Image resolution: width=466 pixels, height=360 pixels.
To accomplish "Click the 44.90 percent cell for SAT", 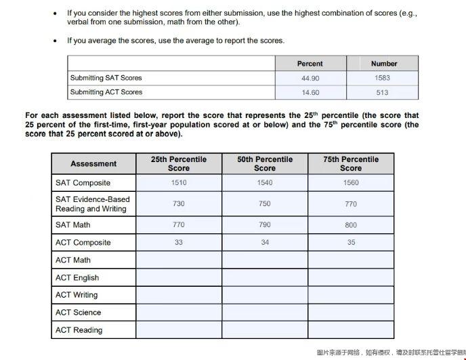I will click(x=310, y=78).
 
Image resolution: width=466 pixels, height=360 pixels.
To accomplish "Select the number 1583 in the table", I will click(x=382, y=78).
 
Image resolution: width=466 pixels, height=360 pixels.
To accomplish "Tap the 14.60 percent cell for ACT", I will click(x=310, y=92).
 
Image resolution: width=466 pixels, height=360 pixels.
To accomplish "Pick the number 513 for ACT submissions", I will click(x=382, y=92).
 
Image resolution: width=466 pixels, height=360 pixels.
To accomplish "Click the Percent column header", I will click(x=310, y=64).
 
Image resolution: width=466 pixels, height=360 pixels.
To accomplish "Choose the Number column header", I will click(x=384, y=64).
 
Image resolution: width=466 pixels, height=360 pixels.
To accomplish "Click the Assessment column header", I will click(x=93, y=163).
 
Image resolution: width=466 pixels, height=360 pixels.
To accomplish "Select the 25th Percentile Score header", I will click(x=179, y=163).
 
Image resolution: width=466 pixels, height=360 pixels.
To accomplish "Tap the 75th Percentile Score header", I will click(x=351, y=163).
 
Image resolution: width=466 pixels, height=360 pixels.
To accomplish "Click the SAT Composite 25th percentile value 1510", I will click(x=179, y=183).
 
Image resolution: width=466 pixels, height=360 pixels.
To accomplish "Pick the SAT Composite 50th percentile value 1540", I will click(x=265, y=183).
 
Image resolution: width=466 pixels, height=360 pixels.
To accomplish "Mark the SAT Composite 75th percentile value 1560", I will click(x=351, y=183).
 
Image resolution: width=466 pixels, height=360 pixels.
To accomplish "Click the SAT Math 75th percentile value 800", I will click(x=351, y=225).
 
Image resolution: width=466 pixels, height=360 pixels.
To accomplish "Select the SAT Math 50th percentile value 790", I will click(x=265, y=225).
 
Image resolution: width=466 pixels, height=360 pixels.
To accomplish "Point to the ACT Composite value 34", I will click(x=265, y=243).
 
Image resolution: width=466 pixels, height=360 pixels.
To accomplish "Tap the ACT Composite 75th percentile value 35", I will click(x=351, y=243).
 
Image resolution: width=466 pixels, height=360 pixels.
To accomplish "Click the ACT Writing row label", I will click(x=77, y=295).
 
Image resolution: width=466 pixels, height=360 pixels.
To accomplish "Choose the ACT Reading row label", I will click(x=79, y=330).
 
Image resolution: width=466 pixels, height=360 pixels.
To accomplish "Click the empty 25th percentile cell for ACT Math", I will click(x=179, y=260).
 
